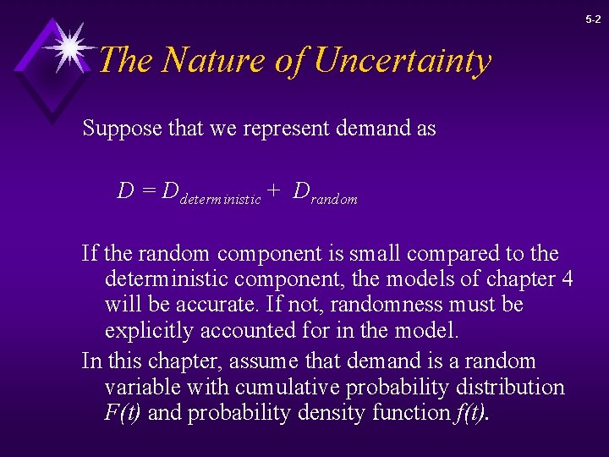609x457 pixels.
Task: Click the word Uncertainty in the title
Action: tap(402, 61)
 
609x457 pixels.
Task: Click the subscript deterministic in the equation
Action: tap(221, 200)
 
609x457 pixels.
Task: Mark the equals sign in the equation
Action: tap(148, 192)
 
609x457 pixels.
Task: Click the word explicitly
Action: tap(145, 329)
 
